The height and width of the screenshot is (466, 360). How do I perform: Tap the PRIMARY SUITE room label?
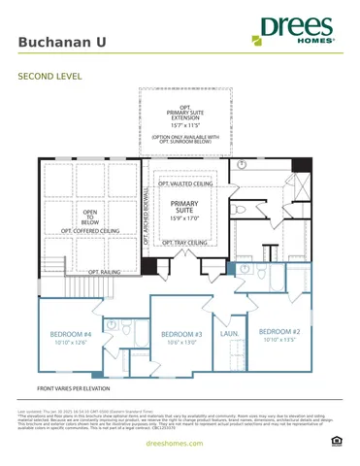(184, 208)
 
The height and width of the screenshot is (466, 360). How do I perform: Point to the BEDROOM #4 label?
(70, 335)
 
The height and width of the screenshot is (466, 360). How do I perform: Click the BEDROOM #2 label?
(280, 331)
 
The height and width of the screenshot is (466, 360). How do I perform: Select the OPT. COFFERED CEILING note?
(90, 231)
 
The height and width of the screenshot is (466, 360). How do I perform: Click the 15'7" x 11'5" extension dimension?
(184, 125)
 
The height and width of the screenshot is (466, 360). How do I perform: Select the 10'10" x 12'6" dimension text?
(70, 343)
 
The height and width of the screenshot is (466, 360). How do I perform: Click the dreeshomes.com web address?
(180, 443)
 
